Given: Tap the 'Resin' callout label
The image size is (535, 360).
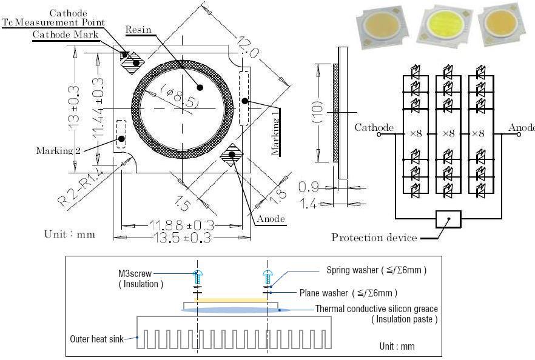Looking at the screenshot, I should [138, 29].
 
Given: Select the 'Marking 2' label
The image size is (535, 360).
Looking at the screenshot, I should [58, 150].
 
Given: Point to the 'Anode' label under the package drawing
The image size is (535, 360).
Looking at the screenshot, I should [271, 219].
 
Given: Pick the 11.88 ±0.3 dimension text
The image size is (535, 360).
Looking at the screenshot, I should [180, 225].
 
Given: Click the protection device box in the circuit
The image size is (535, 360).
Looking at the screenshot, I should [448, 219].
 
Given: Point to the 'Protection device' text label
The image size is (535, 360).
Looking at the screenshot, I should [374, 238].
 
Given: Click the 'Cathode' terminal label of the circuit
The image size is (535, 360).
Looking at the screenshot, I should [374, 127].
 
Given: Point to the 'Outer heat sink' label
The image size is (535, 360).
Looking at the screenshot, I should [97, 339].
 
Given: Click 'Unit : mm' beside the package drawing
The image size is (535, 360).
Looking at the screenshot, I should [70, 234].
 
